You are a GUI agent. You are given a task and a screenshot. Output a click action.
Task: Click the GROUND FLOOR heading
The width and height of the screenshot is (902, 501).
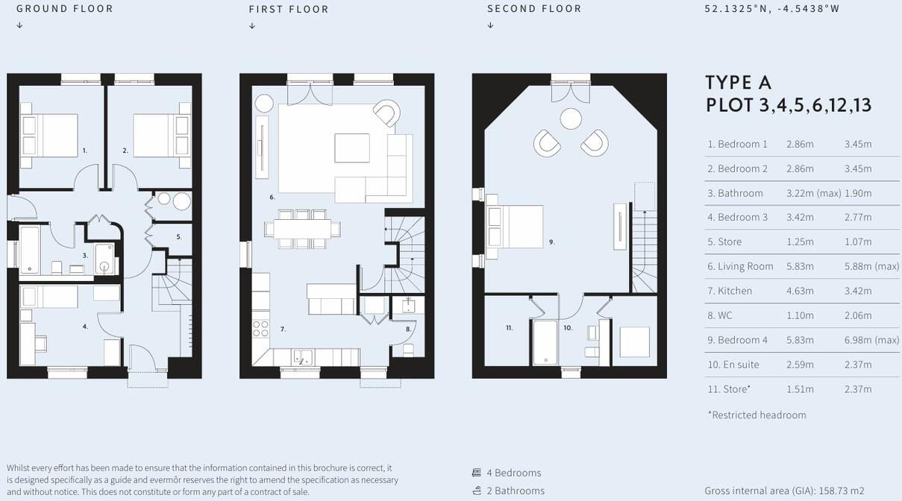[x=65, y=9]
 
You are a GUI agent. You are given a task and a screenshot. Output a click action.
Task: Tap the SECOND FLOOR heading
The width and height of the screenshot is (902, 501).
[x=534, y=9]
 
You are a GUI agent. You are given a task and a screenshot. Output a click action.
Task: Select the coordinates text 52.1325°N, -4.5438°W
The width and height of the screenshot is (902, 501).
[x=772, y=9]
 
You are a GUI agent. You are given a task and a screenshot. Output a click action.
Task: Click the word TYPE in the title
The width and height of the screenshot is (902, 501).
[x=727, y=82]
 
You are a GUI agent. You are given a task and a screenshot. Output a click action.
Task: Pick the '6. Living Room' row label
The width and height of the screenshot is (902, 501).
[x=740, y=266]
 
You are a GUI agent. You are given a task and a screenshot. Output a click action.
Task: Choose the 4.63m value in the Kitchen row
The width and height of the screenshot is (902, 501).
[x=800, y=291]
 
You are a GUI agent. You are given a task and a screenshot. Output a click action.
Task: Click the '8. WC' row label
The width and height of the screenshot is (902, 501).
[x=720, y=315]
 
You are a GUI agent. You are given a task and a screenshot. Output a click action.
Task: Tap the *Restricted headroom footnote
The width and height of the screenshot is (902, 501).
[x=757, y=415]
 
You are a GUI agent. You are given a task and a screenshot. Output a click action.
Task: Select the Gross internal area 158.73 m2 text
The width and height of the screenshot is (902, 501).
[x=784, y=491]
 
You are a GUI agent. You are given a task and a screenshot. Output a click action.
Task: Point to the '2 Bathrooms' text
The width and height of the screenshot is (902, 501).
[x=515, y=491]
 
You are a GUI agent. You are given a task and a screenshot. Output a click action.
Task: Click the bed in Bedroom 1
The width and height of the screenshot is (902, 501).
[x=51, y=135]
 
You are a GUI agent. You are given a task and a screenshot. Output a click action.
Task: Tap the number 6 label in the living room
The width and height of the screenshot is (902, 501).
[x=272, y=198]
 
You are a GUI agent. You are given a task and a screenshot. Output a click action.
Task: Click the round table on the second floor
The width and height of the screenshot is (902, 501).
[x=571, y=119]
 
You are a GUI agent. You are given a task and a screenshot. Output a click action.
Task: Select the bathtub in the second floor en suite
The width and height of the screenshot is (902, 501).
[x=545, y=341]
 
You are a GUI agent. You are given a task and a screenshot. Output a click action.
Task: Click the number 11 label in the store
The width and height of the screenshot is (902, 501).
[x=510, y=327]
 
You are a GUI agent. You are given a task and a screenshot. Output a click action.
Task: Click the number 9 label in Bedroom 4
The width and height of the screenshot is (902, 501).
[x=551, y=242]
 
